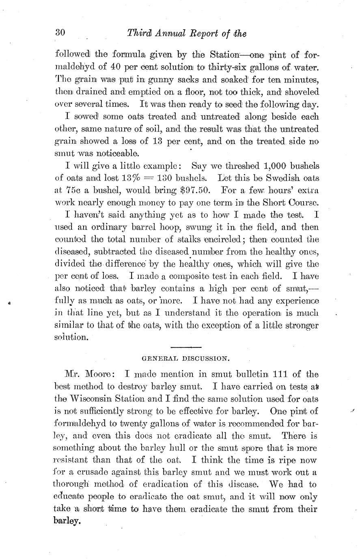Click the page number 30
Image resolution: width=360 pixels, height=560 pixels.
point(60,33)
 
